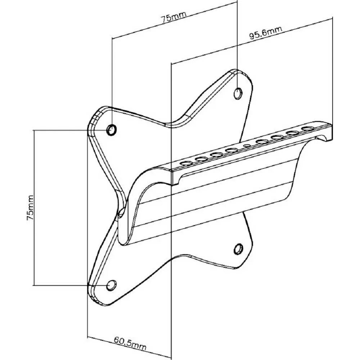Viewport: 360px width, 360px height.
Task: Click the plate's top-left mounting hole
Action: [112, 129]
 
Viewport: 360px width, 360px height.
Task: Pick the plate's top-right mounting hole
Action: [238, 94]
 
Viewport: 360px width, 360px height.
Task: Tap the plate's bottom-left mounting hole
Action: [112, 285]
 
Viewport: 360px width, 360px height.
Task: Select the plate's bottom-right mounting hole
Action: [238, 248]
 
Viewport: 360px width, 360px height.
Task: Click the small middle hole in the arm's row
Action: [247, 146]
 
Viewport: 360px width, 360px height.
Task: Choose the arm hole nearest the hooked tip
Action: [307, 129]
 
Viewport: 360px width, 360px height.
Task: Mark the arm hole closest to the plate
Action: [186, 163]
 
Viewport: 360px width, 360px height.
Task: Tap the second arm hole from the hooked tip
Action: [292, 133]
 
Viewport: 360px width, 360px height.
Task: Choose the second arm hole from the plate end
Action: [201, 159]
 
